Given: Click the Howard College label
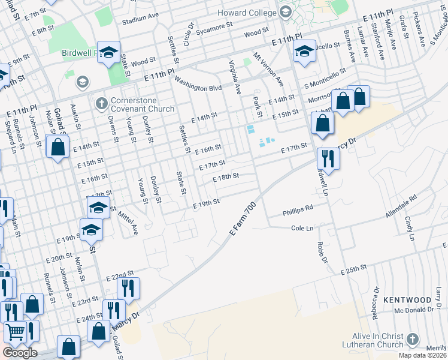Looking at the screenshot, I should (247, 11).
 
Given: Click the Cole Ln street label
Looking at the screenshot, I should (302, 229).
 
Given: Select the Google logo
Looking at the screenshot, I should (20, 353).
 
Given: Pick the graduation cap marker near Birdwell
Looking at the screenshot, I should (108, 52).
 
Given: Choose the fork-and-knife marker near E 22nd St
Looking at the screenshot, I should (128, 289).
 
